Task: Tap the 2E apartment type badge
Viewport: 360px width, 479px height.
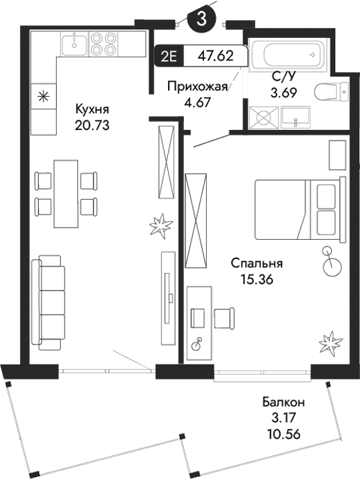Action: coord(169,57)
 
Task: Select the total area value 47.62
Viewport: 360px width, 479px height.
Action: coord(215,57)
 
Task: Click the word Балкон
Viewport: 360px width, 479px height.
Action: coord(283,402)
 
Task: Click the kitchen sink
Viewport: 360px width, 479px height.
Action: coord(73,45)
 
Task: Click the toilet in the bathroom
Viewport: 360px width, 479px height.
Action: coord(331,91)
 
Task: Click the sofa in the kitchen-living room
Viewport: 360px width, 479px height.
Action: coord(49,301)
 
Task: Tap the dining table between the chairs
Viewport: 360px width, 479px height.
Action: coord(65,193)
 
